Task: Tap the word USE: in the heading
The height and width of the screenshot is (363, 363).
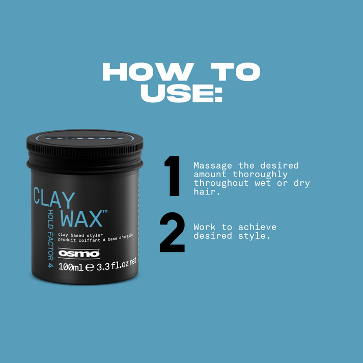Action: tap(181, 94)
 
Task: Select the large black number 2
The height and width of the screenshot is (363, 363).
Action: tap(172, 233)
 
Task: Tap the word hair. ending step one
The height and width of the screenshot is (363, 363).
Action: tap(205, 192)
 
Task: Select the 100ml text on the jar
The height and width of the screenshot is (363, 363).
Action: tap(71, 267)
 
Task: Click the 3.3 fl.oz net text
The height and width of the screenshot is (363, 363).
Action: tap(117, 264)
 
